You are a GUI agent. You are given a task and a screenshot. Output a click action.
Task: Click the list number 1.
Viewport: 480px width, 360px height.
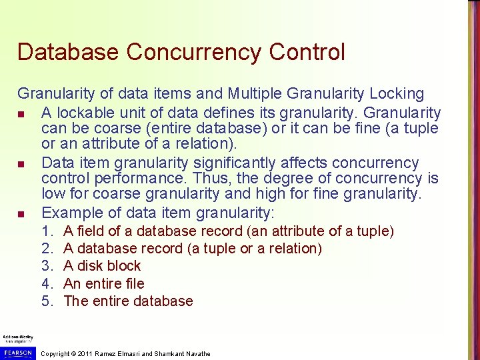pyautogui.click(x=47, y=231)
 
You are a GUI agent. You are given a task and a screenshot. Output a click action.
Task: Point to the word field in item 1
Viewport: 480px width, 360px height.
pyautogui.click(x=91, y=231)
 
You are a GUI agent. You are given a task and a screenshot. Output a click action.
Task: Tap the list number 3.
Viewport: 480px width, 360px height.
pyautogui.click(x=47, y=266)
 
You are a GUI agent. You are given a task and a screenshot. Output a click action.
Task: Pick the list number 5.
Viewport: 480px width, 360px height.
pyautogui.click(x=47, y=301)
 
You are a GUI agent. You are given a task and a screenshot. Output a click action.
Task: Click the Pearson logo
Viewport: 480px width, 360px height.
pyautogui.click(x=17, y=351)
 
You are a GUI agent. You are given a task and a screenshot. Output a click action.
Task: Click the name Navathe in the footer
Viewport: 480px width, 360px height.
pyautogui.click(x=197, y=353)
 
